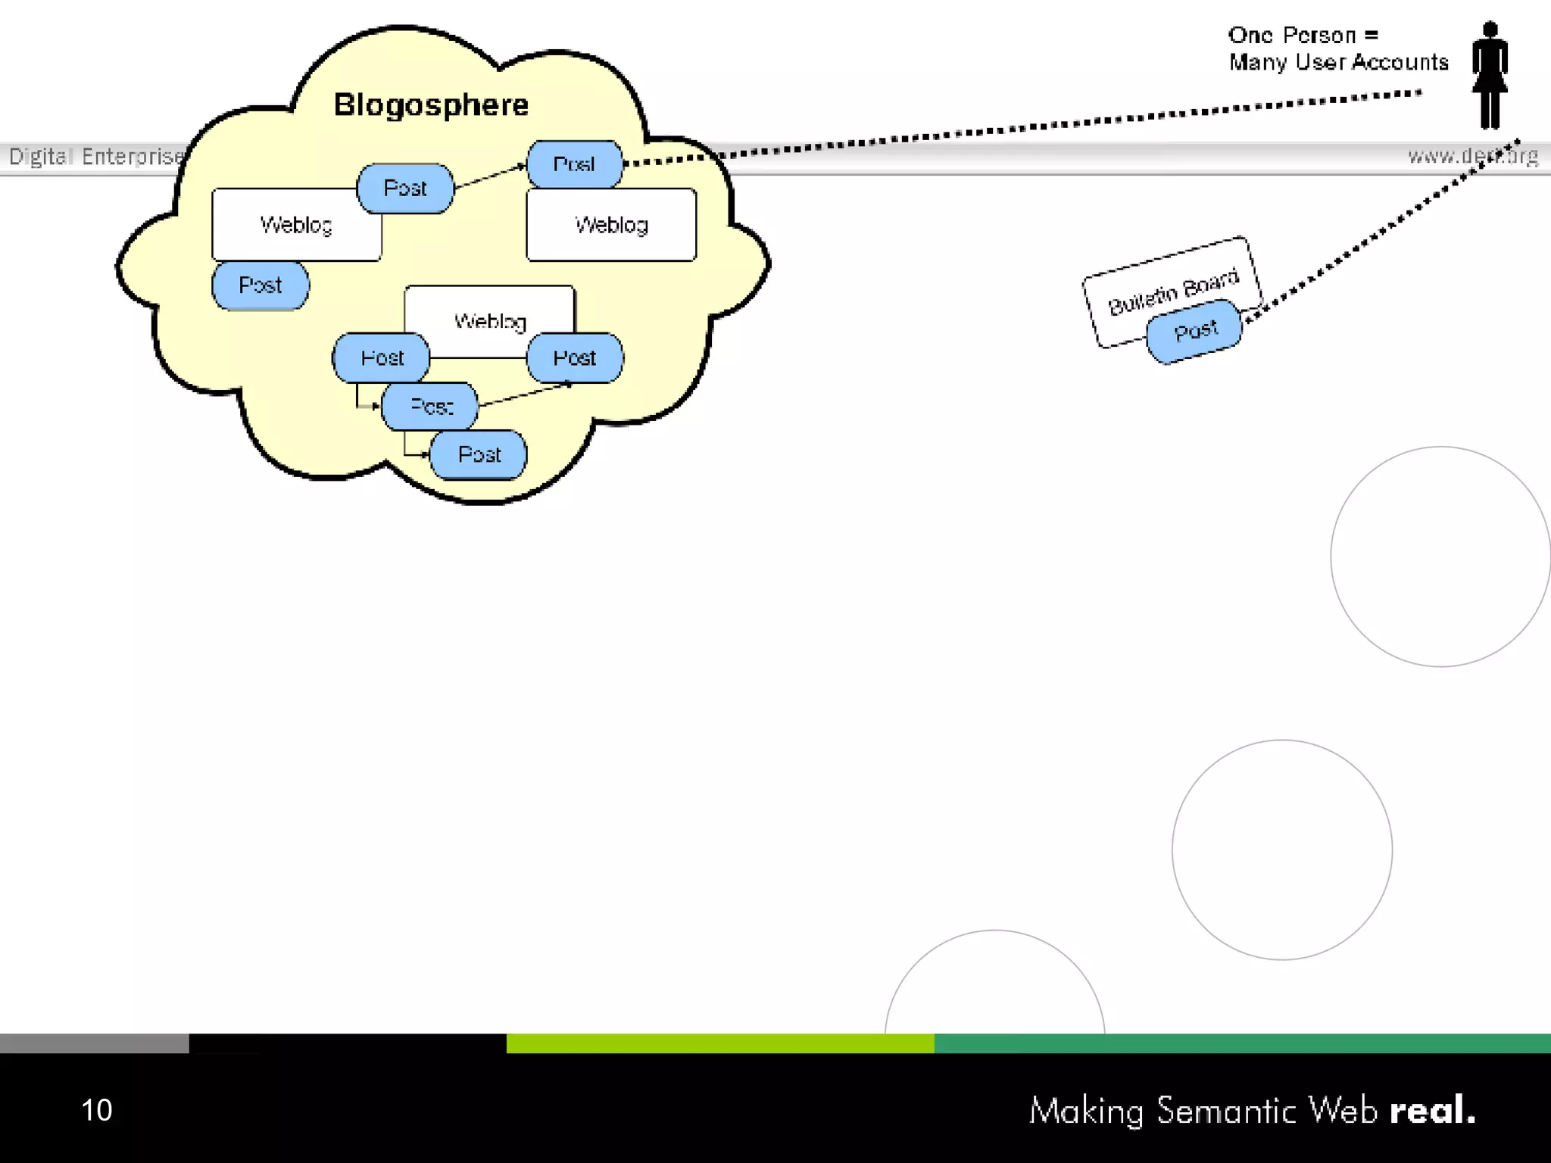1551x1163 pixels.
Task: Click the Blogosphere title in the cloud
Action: tap(431, 104)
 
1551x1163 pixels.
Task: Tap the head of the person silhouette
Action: tap(1490, 30)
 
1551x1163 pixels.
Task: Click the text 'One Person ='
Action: tap(1303, 35)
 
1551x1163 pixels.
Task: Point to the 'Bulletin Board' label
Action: tap(1173, 292)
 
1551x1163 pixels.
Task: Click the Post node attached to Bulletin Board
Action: tap(1195, 331)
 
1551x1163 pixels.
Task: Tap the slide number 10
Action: tap(96, 1110)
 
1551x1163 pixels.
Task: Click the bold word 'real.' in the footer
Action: tap(1432, 1110)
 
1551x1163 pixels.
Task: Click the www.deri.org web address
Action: tap(1472, 156)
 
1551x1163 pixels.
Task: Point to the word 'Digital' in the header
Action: tap(40, 156)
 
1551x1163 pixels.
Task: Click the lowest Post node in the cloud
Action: tap(479, 454)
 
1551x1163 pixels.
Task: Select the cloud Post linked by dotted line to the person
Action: tap(574, 164)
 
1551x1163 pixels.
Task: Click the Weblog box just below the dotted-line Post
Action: tap(611, 225)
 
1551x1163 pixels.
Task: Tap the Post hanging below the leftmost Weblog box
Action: tap(260, 285)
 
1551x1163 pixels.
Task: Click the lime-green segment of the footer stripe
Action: tap(719, 1043)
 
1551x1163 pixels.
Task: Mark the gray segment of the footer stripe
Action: tap(94, 1043)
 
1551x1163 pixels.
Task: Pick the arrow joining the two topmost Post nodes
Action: tap(490, 176)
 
